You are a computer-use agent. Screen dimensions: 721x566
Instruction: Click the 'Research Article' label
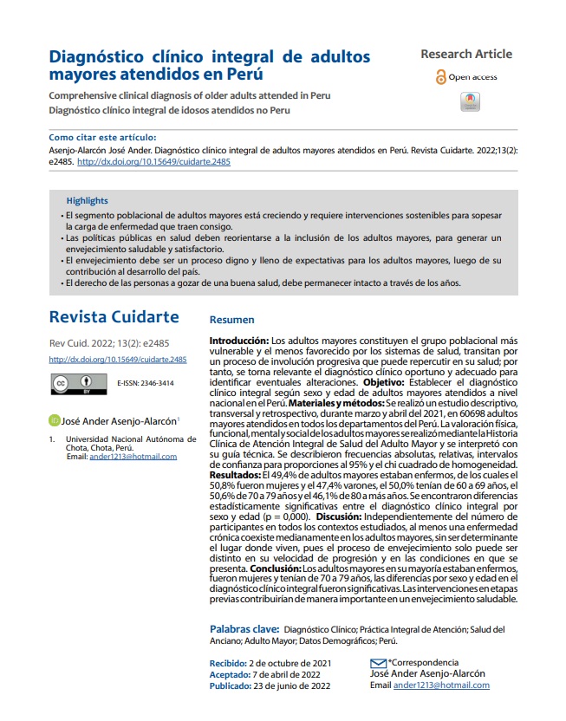pyautogui.click(x=466, y=54)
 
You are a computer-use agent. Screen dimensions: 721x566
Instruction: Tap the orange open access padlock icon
pyautogui.click(x=440, y=77)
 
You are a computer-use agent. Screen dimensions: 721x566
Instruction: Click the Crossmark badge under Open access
pyautogui.click(x=469, y=101)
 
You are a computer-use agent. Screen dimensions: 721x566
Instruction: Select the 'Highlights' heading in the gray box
pyautogui.click(x=88, y=199)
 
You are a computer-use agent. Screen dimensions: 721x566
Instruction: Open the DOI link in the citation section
pyautogui.click(x=153, y=161)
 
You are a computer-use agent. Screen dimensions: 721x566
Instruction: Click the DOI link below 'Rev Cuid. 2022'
pyautogui.click(x=118, y=359)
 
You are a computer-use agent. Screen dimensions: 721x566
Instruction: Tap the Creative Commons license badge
pyautogui.click(x=75, y=382)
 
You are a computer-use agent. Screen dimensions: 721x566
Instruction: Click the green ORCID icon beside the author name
pyautogui.click(x=54, y=421)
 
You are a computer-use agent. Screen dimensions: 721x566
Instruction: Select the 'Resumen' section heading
pyautogui.click(x=232, y=319)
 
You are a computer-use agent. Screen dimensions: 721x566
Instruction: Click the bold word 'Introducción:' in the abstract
pyautogui.click(x=240, y=341)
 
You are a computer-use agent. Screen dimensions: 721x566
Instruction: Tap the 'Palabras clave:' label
pyautogui.click(x=245, y=629)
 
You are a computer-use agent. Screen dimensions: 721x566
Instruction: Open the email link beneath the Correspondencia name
pyautogui.click(x=441, y=685)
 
